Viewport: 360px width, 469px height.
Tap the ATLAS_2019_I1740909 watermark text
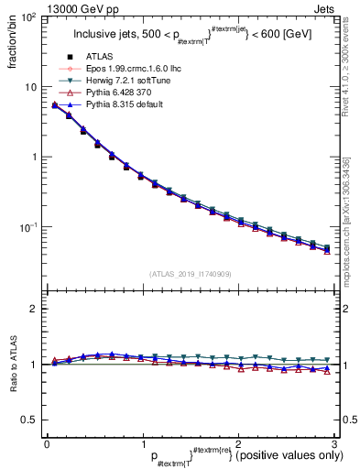point(189,273)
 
